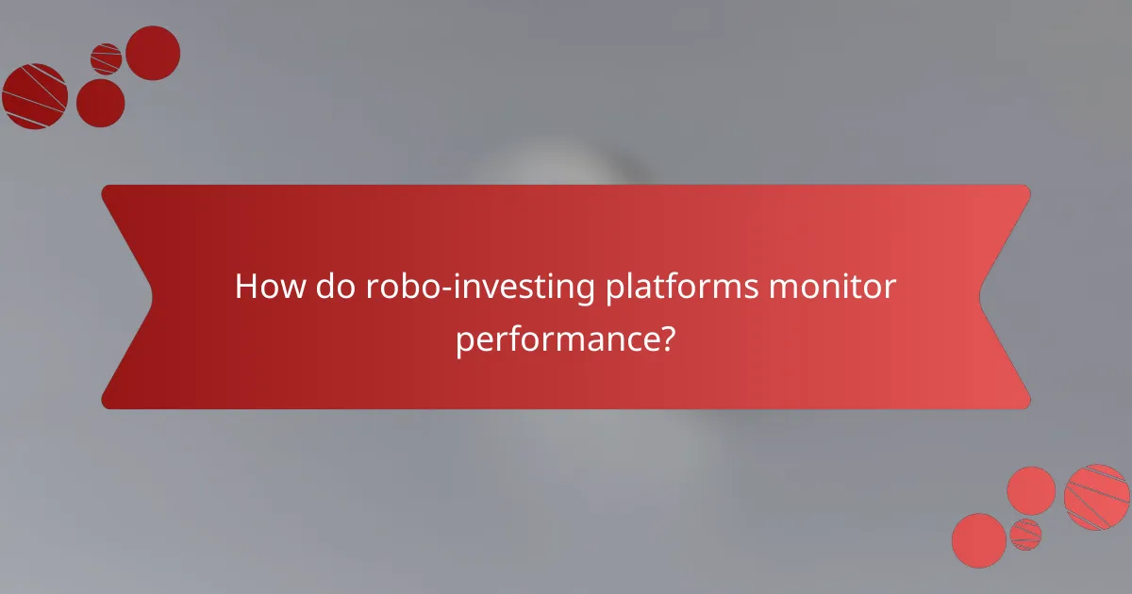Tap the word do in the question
pos(325,287)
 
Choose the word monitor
pos(830,287)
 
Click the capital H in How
pos(244,287)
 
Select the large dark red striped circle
pos(35,96)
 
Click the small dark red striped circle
pos(107,58)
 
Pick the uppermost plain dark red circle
pos(153,53)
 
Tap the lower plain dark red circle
pos(100,103)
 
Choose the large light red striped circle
pos(1097,497)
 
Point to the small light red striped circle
pos(1025,534)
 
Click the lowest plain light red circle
pos(979,540)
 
